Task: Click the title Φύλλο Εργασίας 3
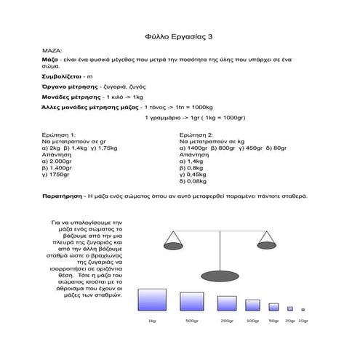coord(180,35)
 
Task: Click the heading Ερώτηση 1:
coord(59,135)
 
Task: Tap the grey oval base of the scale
coord(221,275)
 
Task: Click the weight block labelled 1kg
coord(152,300)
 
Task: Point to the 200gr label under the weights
coord(226,321)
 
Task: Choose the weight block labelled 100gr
coord(252,305)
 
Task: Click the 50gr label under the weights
coord(273,321)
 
